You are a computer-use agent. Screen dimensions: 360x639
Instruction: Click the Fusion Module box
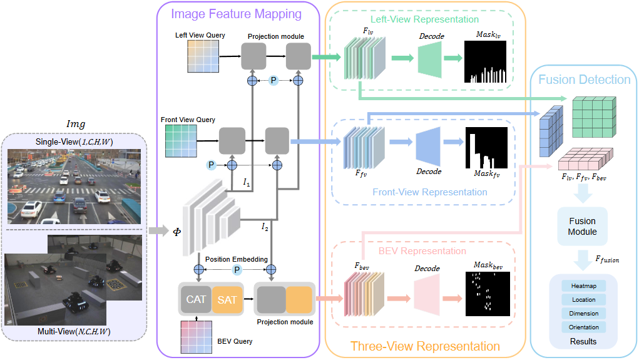[582, 226]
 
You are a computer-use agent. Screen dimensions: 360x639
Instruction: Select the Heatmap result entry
[584, 286]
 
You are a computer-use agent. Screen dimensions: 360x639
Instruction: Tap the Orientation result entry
[584, 327]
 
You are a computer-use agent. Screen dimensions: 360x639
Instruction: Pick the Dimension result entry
[584, 313]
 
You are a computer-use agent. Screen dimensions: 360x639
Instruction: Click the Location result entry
[584, 300]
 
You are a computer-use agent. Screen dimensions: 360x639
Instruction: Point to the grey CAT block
[196, 300]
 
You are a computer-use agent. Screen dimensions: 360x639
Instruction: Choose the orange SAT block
[227, 300]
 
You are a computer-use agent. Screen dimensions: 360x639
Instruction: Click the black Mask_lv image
[488, 61]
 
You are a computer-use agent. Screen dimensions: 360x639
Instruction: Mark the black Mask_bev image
[488, 293]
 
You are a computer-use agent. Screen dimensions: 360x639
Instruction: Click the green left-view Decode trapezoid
[429, 61]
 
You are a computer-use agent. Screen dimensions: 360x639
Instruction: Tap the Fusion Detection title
[584, 80]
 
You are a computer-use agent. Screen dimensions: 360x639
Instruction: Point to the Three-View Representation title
[425, 346]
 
